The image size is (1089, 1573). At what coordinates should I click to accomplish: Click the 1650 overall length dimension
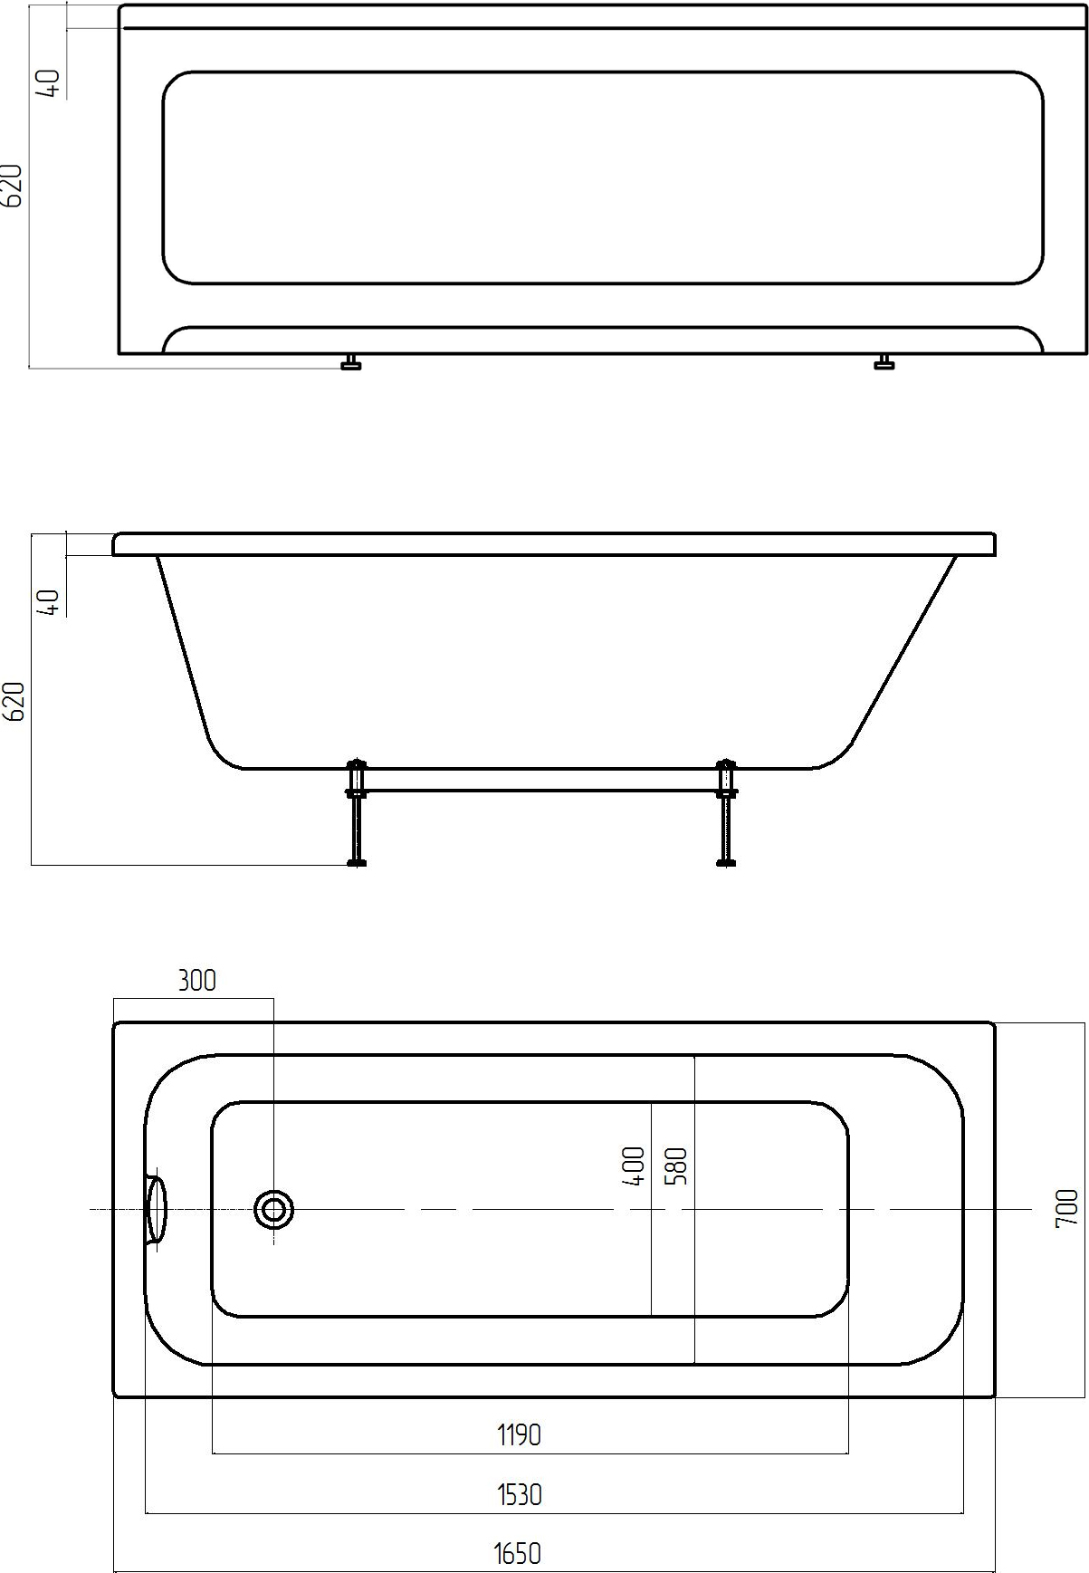click(518, 1552)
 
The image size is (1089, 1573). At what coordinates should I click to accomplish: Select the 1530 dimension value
click(519, 1493)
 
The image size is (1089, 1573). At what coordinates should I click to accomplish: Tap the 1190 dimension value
click(519, 1434)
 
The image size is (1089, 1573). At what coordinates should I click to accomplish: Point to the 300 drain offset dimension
click(196, 981)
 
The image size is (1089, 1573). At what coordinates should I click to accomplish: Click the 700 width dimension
click(1067, 1208)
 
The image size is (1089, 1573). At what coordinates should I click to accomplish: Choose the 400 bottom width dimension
click(634, 1166)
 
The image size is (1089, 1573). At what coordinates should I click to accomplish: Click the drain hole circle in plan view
click(273, 1210)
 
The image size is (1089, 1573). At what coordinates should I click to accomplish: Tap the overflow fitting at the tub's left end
click(157, 1209)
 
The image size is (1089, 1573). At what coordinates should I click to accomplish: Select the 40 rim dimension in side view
click(52, 602)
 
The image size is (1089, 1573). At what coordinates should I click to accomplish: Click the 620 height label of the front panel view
click(13, 186)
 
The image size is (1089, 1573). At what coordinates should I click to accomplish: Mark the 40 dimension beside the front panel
click(52, 83)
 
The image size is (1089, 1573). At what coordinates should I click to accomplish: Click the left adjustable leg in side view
click(356, 815)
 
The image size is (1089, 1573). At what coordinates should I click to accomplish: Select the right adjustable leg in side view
click(725, 815)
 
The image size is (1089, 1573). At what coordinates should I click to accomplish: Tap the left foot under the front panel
click(351, 363)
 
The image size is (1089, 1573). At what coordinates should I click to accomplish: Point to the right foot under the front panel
click(884, 363)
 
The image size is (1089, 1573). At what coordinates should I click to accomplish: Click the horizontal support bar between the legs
click(540, 779)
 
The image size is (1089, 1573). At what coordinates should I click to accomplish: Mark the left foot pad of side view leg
click(357, 863)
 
